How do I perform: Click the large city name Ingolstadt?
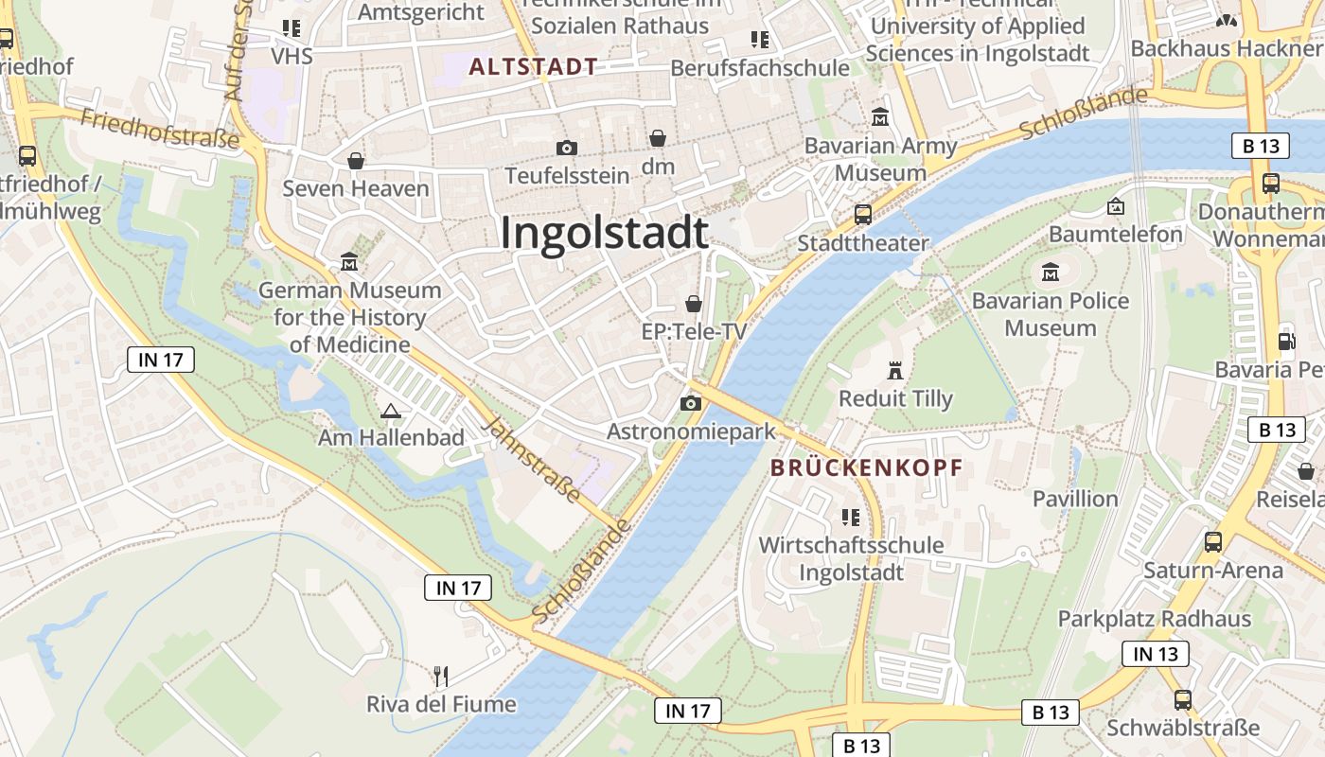tap(604, 233)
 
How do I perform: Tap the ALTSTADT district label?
tap(534, 66)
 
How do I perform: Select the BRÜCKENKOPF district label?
tap(866, 467)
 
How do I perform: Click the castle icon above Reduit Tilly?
tap(895, 370)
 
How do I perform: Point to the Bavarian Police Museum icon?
tap(1050, 273)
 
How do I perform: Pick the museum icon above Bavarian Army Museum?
tap(880, 118)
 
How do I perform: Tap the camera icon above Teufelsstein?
tap(567, 148)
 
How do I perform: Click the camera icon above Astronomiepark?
tap(691, 404)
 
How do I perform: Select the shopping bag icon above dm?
tap(658, 139)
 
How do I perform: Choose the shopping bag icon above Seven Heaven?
tap(356, 161)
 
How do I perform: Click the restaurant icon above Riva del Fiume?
tap(440, 676)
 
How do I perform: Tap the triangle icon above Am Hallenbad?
tap(390, 411)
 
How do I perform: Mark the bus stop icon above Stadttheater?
tap(863, 215)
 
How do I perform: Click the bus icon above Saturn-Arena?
tap(1212, 542)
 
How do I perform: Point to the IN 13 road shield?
tap(1155, 654)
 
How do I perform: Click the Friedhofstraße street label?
tap(160, 129)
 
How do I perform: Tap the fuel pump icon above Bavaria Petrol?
tap(1286, 341)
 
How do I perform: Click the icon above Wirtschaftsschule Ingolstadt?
tap(850, 517)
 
